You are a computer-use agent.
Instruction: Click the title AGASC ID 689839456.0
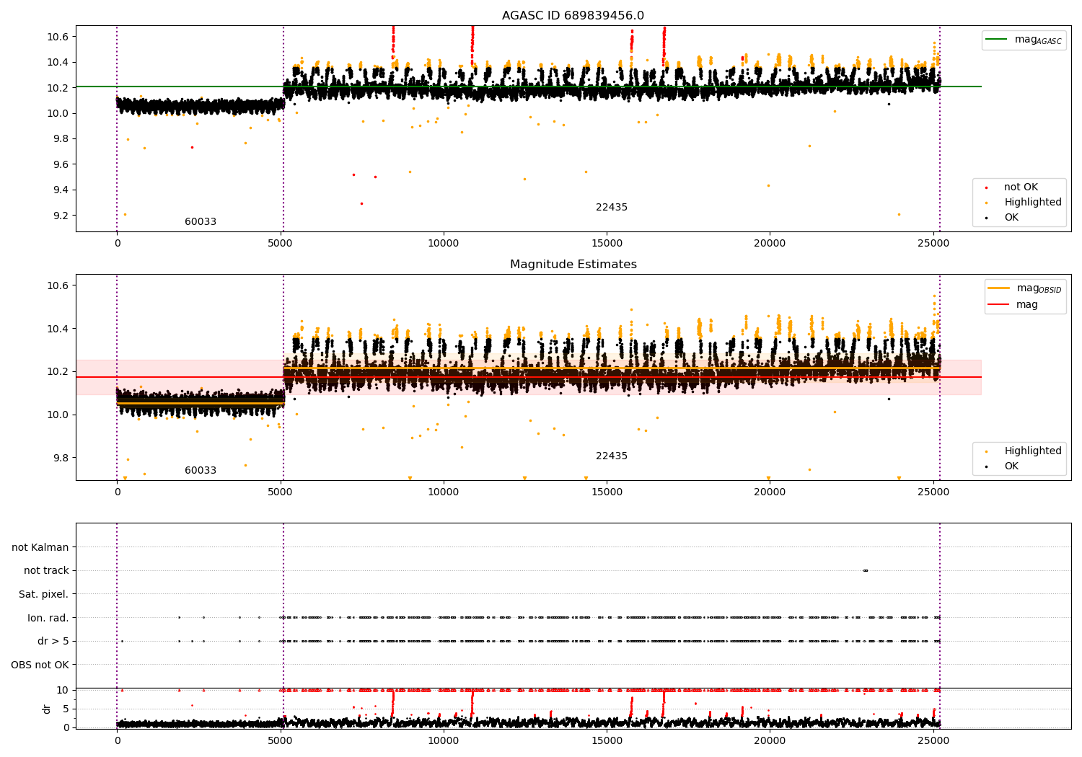click(x=573, y=16)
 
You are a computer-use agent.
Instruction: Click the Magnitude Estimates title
click(x=573, y=265)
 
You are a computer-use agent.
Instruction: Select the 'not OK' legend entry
click(x=1021, y=187)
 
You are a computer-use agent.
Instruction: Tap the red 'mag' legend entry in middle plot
click(x=1026, y=304)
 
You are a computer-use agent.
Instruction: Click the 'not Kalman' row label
click(x=40, y=547)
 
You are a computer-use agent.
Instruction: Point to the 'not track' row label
click(x=46, y=570)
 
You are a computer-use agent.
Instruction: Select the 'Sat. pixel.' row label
click(x=43, y=594)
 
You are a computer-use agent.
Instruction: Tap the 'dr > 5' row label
click(x=53, y=641)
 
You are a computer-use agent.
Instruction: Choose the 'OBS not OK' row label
click(x=40, y=665)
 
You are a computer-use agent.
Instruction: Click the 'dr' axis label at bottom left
click(x=47, y=709)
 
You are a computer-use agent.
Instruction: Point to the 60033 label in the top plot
click(x=201, y=222)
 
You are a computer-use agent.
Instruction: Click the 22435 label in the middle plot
click(x=612, y=456)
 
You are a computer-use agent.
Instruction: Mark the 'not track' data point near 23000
click(x=865, y=570)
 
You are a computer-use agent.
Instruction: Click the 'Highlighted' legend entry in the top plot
click(x=1032, y=203)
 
